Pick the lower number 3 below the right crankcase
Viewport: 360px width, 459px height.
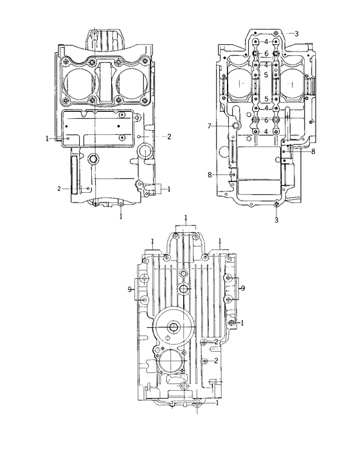click(x=276, y=220)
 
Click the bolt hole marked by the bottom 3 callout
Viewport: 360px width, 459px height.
click(x=276, y=205)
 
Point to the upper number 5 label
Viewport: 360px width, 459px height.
click(x=265, y=75)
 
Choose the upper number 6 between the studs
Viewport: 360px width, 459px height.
click(x=265, y=53)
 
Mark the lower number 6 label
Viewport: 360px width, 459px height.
click(x=265, y=120)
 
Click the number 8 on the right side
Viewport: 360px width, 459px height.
click(x=313, y=152)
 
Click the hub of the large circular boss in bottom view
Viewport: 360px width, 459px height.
click(x=174, y=328)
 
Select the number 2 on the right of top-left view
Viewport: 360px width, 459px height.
click(x=168, y=136)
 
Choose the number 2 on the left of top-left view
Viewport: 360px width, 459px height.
click(x=58, y=188)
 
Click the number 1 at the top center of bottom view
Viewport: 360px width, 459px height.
click(x=185, y=219)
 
